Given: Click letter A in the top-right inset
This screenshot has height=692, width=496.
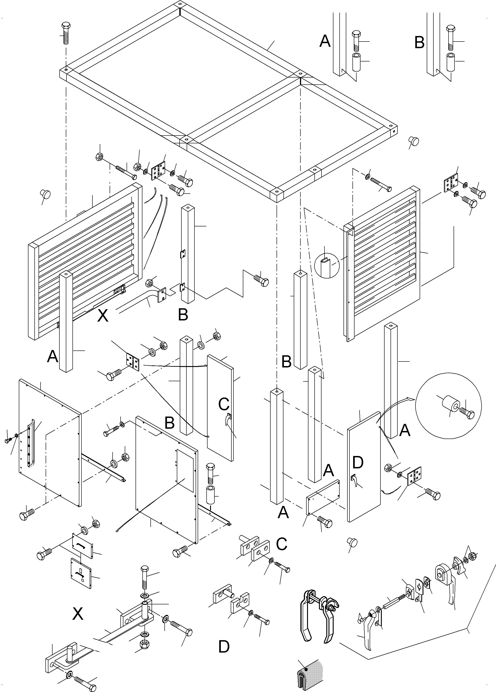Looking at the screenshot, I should (x=325, y=41).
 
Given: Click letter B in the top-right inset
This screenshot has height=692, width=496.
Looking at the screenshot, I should (x=419, y=43).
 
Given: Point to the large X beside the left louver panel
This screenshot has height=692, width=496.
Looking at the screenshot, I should (x=103, y=316).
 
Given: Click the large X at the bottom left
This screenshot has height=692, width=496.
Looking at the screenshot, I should (x=78, y=614).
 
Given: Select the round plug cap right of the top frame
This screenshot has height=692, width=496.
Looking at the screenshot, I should (x=414, y=141).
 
